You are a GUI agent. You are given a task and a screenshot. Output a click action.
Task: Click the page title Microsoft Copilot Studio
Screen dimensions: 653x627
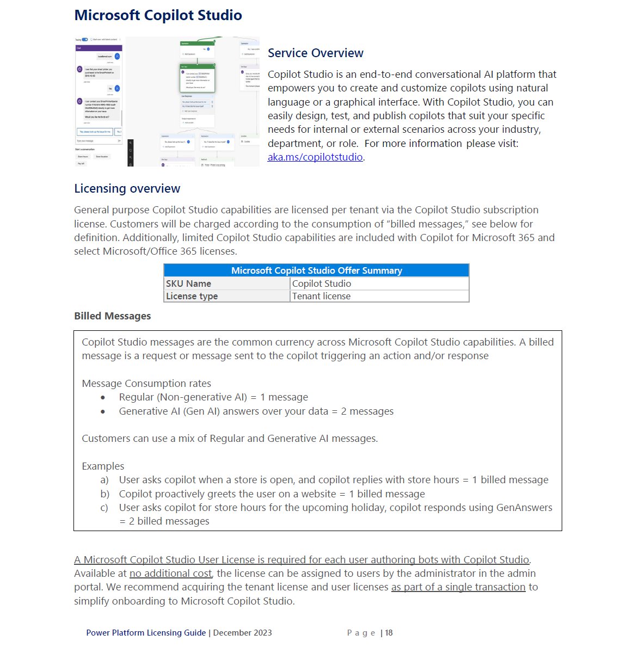[x=158, y=15]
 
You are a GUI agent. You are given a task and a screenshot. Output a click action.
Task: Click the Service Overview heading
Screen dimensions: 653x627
[x=315, y=53]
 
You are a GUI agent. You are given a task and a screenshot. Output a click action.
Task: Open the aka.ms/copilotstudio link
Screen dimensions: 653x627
[x=315, y=157]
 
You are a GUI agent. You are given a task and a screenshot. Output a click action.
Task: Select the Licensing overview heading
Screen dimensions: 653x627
[x=127, y=188]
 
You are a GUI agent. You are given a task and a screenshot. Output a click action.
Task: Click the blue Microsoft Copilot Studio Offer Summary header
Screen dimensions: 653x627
[x=316, y=270]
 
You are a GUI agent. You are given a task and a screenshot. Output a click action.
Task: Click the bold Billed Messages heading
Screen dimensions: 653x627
[x=112, y=316]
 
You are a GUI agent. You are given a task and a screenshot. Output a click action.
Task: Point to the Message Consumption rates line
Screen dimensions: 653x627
[x=146, y=383]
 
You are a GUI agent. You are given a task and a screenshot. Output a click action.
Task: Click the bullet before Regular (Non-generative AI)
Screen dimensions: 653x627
[x=103, y=398]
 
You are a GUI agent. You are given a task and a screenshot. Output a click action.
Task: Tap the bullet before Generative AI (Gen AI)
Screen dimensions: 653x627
[x=103, y=411]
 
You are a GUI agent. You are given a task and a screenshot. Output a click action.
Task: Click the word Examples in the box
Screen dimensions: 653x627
[x=103, y=466]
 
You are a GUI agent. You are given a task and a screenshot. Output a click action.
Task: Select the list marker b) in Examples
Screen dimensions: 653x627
[x=104, y=494]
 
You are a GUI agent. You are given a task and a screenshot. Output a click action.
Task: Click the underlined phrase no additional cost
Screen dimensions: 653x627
[x=170, y=574]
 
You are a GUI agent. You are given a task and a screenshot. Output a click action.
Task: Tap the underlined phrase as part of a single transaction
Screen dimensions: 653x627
[x=458, y=587]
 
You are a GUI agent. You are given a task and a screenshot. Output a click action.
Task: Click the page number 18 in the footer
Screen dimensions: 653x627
[x=389, y=633]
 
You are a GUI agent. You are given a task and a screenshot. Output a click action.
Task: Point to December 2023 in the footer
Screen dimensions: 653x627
[x=242, y=633]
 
